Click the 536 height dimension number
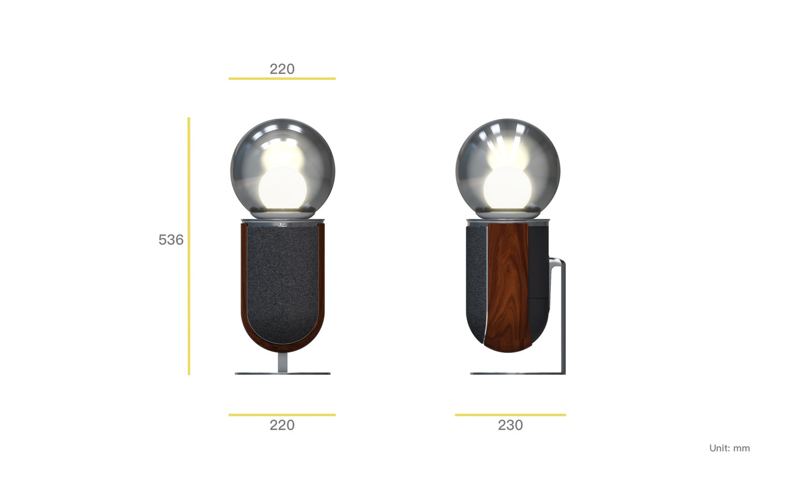pyautogui.click(x=171, y=240)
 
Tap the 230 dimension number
pyautogui.click(x=510, y=425)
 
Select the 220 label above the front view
pyautogui.click(x=282, y=69)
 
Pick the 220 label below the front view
pyautogui.click(x=282, y=425)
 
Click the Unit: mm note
pyautogui.click(x=730, y=448)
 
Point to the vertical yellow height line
pyautogui.click(x=189, y=246)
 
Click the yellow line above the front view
pyautogui.click(x=282, y=79)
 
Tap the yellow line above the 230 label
pyautogui.click(x=510, y=415)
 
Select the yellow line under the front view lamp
pyautogui.click(x=282, y=415)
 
